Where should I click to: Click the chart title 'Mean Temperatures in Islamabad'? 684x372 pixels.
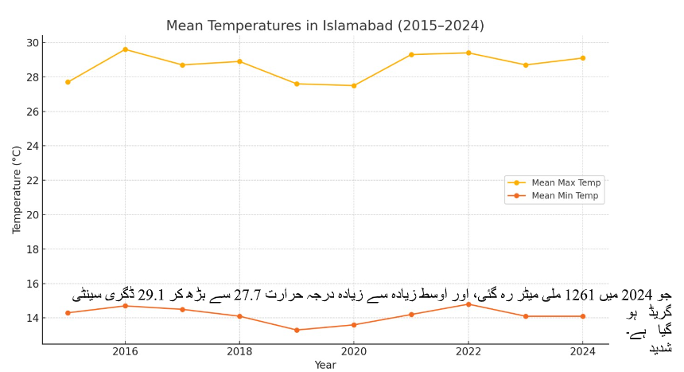(x=325, y=26)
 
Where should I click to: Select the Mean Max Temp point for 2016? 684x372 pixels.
(x=125, y=49)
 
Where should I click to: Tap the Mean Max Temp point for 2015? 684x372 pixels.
(x=68, y=82)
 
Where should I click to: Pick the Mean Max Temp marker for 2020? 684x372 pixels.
(x=354, y=85)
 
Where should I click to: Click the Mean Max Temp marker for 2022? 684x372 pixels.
(x=468, y=53)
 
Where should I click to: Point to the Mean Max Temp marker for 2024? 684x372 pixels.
(x=583, y=58)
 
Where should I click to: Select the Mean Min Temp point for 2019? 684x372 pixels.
(x=297, y=330)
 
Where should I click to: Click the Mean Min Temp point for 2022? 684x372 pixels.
(x=468, y=304)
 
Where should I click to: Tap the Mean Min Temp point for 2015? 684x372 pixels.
(x=68, y=313)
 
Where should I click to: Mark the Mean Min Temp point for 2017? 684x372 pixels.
(x=182, y=309)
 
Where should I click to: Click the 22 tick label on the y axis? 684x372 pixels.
(x=32, y=180)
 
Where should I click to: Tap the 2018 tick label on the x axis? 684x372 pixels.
(x=239, y=350)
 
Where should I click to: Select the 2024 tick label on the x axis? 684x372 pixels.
(x=583, y=350)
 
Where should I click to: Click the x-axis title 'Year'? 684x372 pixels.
(x=325, y=365)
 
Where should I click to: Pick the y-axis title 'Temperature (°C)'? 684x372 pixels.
(x=17, y=190)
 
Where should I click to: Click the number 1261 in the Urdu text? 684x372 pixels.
(x=580, y=296)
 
